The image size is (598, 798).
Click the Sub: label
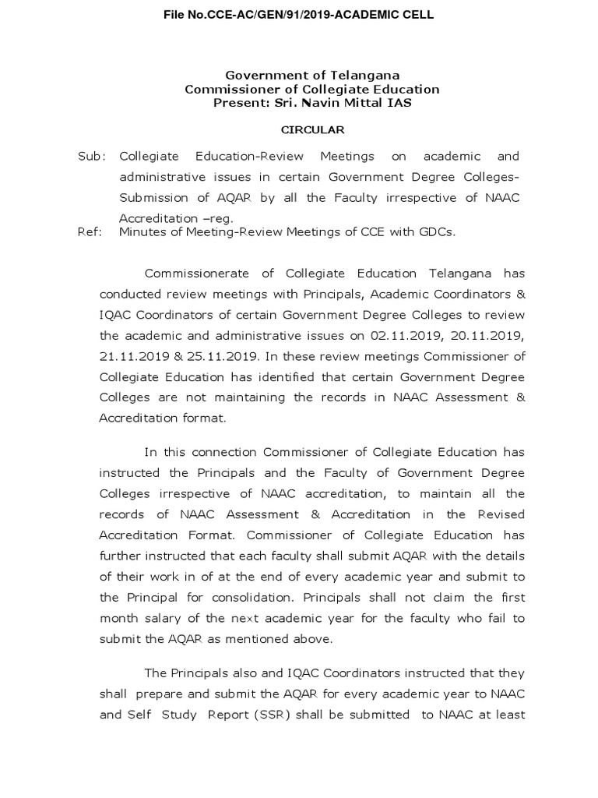click(91, 157)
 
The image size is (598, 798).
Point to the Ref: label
click(90, 232)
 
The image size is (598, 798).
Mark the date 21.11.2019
click(132, 356)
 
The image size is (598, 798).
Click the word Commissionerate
click(197, 274)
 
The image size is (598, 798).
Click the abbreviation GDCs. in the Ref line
click(438, 232)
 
